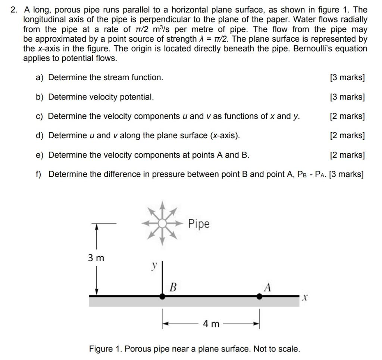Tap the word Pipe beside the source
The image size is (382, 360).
(x=198, y=224)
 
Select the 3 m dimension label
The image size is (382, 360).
(x=96, y=258)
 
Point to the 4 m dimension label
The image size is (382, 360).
(x=211, y=324)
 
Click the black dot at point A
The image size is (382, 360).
(x=259, y=296)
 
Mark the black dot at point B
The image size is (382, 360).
(x=163, y=296)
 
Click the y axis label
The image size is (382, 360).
(x=153, y=266)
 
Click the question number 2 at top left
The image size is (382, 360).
(x=14, y=10)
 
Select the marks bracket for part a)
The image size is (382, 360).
(x=347, y=78)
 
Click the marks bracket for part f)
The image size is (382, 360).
(x=346, y=174)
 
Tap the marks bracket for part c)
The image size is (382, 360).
(x=347, y=116)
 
